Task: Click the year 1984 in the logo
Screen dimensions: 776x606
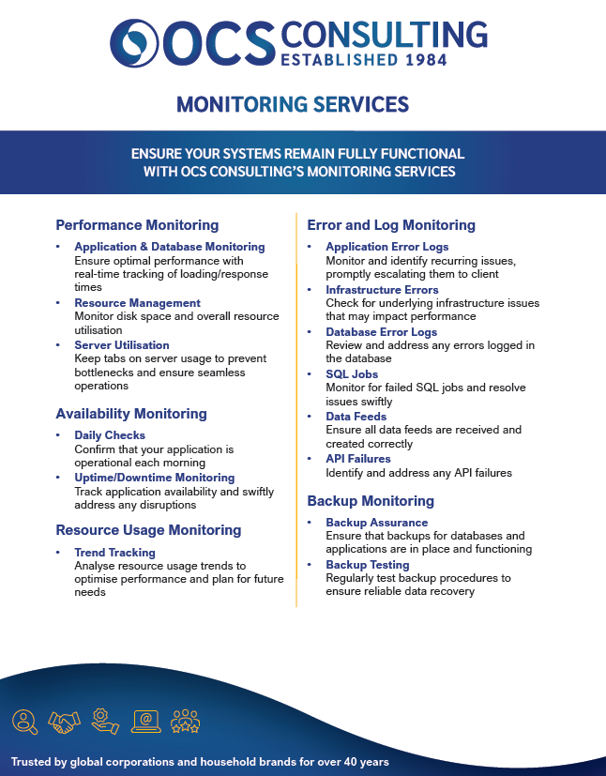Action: [x=421, y=60]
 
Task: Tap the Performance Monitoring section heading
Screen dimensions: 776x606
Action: [x=137, y=225]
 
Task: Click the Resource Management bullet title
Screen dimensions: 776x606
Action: [x=137, y=303]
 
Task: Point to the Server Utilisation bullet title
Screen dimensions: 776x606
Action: [x=122, y=345]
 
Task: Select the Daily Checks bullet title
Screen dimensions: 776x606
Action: [x=110, y=435]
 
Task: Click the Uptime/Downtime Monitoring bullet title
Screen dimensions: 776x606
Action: [x=154, y=478]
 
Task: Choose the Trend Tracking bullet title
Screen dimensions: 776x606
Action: [x=114, y=553]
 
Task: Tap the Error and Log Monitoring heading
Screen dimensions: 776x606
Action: [x=391, y=225]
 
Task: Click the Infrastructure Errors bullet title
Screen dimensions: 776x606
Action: [x=382, y=290]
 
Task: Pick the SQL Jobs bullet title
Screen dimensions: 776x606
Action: [x=352, y=374]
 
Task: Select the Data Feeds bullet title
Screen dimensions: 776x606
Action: [x=356, y=417]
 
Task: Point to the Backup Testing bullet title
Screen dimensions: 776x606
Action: [x=367, y=565]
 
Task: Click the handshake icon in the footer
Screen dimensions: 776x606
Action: [x=65, y=722]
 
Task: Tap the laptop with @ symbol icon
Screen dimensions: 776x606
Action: [x=146, y=722]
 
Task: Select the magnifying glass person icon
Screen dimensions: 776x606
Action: [x=24, y=722]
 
